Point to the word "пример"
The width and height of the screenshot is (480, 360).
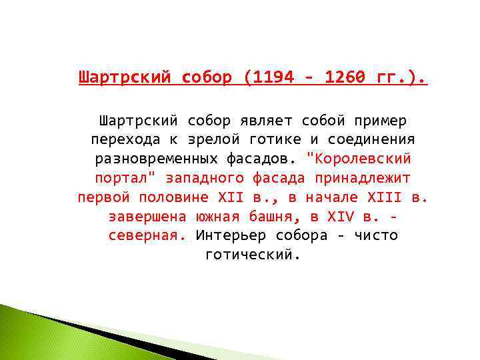click(382, 121)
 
